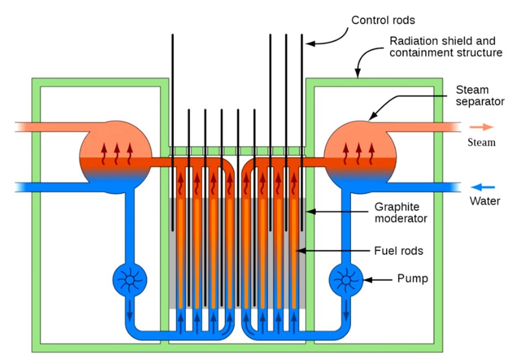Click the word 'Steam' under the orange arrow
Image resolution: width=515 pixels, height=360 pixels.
click(x=482, y=143)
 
